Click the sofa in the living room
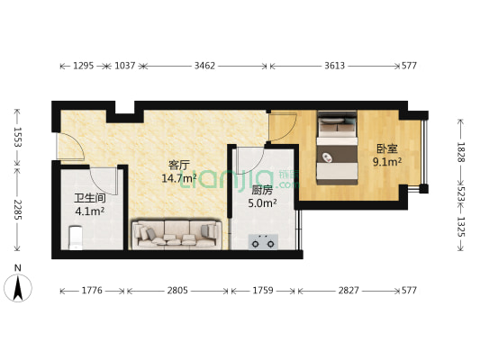point(177,234)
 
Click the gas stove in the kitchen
point(263,241)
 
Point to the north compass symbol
point(18,285)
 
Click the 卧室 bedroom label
point(386,148)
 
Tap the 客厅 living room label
point(179,165)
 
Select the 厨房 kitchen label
point(263,190)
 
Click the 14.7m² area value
point(179,178)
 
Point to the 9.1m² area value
point(387,162)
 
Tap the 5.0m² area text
point(263,203)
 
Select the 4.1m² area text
point(90,212)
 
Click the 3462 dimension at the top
point(205,66)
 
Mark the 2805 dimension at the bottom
point(177,291)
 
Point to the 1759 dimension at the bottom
point(263,291)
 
